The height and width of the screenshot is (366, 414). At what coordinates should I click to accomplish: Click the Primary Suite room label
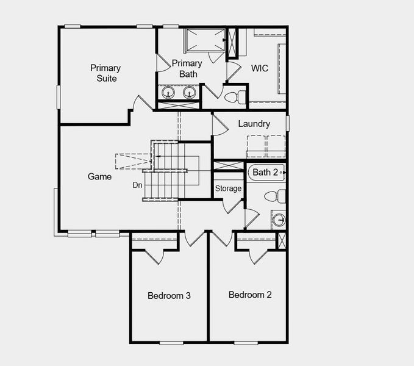point(105,73)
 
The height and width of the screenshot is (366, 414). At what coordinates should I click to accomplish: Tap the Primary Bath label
point(187,68)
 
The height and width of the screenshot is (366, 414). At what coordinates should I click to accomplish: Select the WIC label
point(259,68)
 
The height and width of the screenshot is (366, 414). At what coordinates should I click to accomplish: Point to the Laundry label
point(254,124)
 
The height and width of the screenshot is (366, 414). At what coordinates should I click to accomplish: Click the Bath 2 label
point(265,173)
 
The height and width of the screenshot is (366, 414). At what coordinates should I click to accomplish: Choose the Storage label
point(228,188)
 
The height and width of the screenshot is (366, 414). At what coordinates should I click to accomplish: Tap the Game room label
point(99,177)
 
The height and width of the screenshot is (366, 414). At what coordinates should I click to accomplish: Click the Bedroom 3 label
point(169,296)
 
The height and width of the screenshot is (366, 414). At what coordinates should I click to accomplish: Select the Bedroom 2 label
point(250,295)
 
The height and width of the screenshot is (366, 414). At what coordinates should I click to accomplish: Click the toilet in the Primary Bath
point(234,97)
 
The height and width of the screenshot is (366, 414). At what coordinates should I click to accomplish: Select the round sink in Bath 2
point(279,220)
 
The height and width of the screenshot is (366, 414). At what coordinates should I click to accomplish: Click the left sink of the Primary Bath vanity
point(168,93)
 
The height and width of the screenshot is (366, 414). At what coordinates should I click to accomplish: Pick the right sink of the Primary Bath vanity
point(190,93)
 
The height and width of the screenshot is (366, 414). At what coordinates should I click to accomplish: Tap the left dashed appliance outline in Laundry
point(255,147)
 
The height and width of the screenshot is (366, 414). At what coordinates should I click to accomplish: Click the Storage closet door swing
point(233,205)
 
